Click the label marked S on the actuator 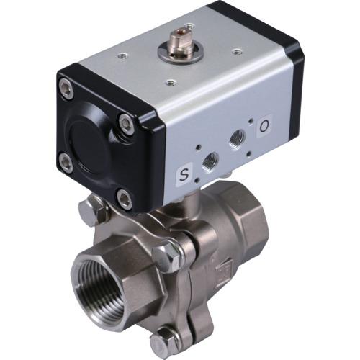coord(184,175)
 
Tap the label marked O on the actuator coord(264,126)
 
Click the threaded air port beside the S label coord(211,162)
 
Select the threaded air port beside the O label coord(238,139)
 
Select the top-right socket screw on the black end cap coord(126,124)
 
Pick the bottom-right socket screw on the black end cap coord(125,199)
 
